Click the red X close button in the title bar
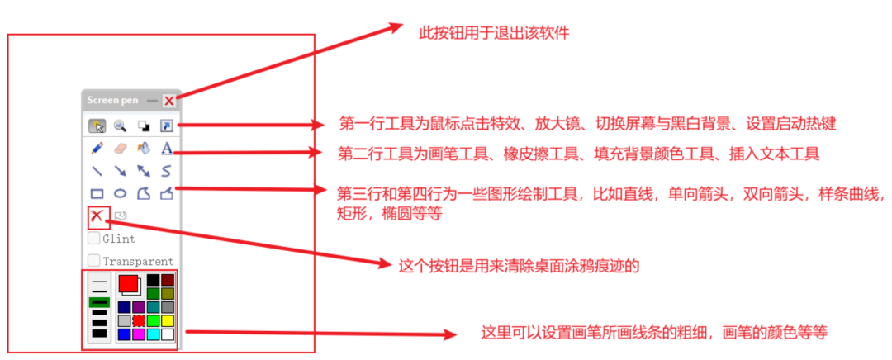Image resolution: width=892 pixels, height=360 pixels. pos(168,101)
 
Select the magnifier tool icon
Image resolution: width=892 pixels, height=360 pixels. pos(120,126)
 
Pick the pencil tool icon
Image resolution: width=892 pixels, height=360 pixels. pos(97,149)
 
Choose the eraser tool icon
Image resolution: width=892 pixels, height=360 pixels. pos(121,149)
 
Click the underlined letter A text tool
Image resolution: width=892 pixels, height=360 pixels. pos(166,149)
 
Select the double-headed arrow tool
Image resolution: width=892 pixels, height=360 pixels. pos(144,172)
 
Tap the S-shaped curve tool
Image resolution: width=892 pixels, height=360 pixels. pos(166,172)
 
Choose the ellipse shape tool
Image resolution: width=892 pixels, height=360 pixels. pos(121,194)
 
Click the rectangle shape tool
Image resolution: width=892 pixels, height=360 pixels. pos(97,194)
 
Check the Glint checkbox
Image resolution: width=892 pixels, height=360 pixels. pos(94,239)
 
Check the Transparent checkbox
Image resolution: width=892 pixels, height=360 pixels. pos(94,261)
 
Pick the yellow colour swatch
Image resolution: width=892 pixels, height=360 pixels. pos(168,320)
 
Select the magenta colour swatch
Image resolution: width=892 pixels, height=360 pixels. pos(138,334)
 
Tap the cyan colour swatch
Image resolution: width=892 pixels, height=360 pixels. pos(153,334)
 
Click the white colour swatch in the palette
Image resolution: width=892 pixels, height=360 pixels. pos(168,334)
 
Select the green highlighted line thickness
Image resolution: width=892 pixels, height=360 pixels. pos(99,302)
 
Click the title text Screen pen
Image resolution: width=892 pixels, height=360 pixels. pos(112,101)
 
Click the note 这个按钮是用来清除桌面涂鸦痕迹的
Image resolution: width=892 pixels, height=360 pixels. pos(520,267)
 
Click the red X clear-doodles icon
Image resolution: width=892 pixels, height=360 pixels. pos(98,216)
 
